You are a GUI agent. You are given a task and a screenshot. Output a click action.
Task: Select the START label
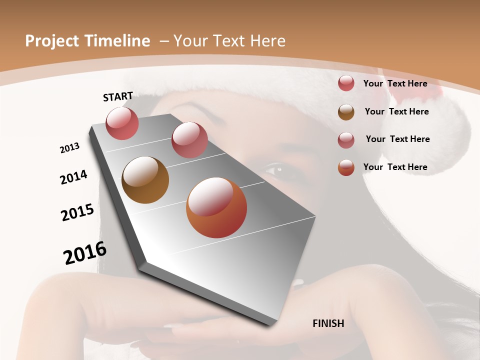118,96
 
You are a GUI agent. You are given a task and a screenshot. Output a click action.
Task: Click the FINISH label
328,323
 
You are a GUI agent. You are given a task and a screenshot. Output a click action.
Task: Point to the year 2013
69,148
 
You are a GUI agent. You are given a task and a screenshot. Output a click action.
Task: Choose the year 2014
73,177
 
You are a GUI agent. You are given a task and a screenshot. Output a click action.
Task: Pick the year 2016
85,253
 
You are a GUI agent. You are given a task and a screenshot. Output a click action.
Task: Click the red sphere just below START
122,123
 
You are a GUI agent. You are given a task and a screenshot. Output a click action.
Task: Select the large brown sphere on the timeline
145,180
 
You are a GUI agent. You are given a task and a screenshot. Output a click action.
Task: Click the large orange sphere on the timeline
216,207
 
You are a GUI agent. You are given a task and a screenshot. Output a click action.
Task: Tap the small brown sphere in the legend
346,111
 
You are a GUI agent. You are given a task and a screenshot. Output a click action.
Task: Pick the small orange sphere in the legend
346,167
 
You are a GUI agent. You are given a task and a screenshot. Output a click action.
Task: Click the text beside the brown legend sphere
396,111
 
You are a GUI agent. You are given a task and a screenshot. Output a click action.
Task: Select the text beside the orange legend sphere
395,167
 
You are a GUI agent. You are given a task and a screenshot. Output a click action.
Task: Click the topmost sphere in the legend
346,83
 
